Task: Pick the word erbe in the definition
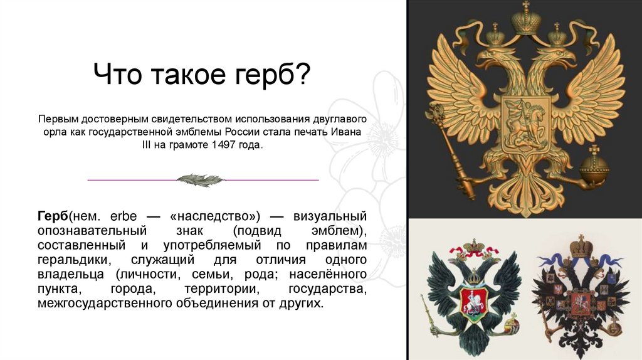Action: click(123, 216)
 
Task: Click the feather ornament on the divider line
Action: click(200, 180)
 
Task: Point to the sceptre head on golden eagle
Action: click(435, 114)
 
